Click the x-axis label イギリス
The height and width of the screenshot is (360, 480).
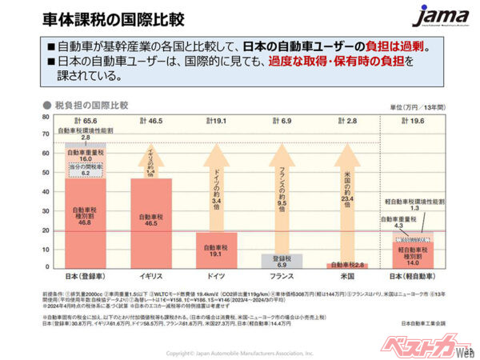pyautogui.click(x=150, y=274)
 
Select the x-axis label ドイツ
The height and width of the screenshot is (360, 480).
pyautogui.click(x=216, y=274)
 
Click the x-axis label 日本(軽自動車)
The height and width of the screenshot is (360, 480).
pyautogui.click(x=414, y=274)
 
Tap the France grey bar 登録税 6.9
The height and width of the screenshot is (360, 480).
pyautogui.click(x=283, y=260)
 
